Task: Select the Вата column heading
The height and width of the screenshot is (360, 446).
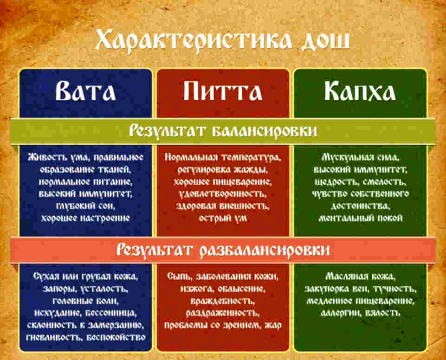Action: click(85, 91)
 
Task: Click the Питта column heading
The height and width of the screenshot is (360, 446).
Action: click(222, 91)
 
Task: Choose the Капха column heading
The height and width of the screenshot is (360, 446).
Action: click(360, 91)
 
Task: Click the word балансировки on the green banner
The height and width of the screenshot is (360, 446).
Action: click(265, 131)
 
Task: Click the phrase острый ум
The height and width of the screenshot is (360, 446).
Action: click(222, 217)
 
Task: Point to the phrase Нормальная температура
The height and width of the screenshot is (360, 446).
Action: click(222, 157)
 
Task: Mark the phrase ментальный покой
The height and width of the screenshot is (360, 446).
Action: click(360, 217)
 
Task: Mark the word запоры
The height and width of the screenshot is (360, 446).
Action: click(47, 289)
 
